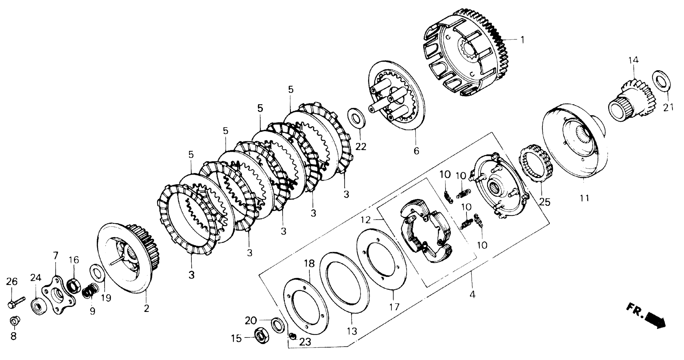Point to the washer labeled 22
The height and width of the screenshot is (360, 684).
[x=356, y=118]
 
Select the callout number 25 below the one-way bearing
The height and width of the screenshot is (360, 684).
[x=544, y=202]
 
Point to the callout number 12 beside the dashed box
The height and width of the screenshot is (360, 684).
[x=366, y=220]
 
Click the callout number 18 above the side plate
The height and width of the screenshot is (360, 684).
[x=309, y=264]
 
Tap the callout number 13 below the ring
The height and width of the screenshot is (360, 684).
[x=352, y=331]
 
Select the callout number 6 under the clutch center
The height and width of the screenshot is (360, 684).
[x=416, y=151]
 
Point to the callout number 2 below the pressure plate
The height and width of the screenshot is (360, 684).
[x=146, y=308]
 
